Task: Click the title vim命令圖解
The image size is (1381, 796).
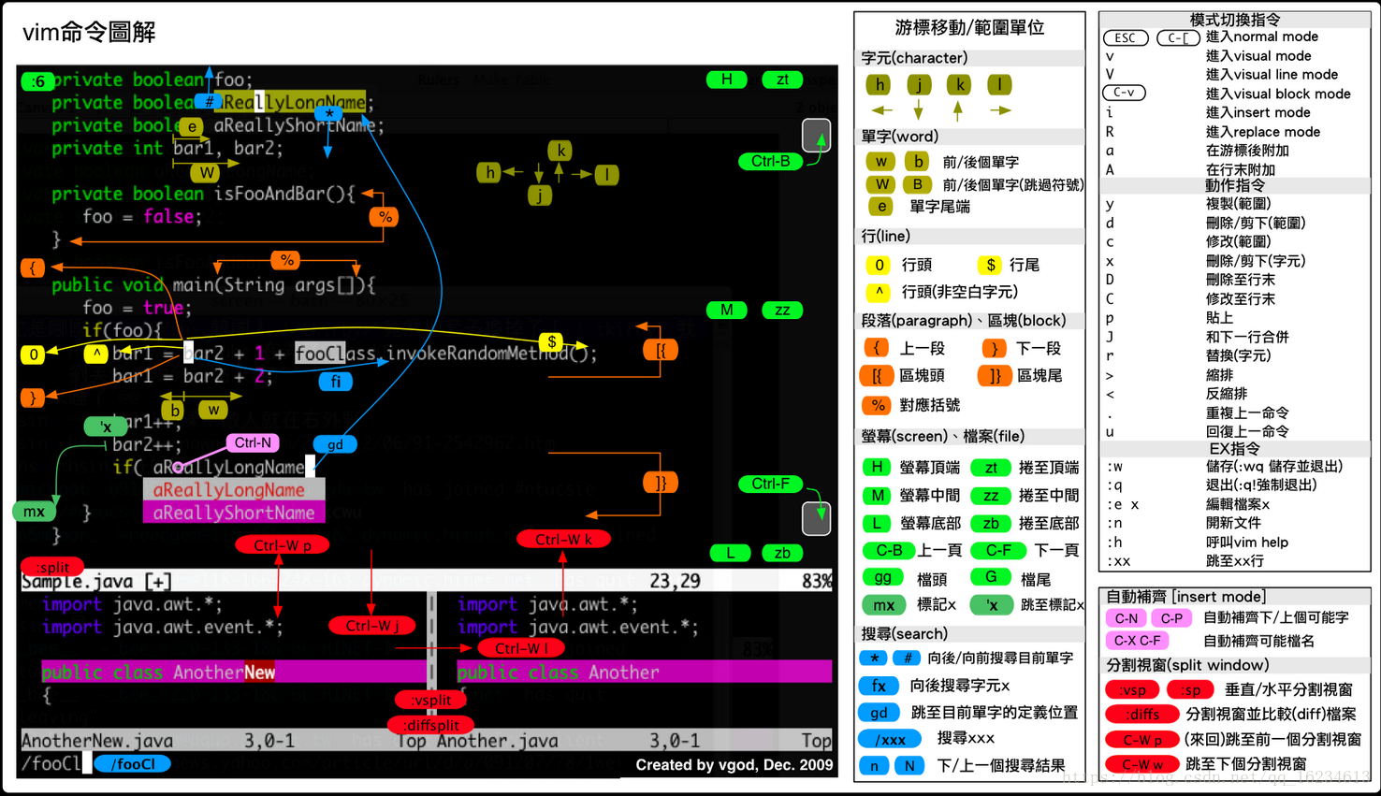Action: pyautogui.click(x=89, y=33)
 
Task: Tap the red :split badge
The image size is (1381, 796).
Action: pyautogui.click(x=52, y=567)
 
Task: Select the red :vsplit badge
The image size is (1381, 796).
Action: pyautogui.click(x=430, y=700)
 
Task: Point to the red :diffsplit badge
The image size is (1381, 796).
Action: pyautogui.click(x=430, y=725)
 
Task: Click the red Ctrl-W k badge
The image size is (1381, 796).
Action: pyautogui.click(x=563, y=539)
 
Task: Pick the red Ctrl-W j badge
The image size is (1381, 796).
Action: pyautogui.click(x=372, y=626)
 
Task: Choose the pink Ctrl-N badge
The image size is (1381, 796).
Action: pyautogui.click(x=253, y=443)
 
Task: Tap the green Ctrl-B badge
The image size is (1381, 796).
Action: pyautogui.click(x=770, y=161)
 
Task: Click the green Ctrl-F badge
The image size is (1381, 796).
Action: pyautogui.click(x=770, y=484)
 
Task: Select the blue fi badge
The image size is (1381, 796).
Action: pyautogui.click(x=335, y=382)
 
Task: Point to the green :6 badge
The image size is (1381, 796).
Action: pyautogui.click(x=37, y=81)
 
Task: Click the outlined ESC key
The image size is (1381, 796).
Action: pyautogui.click(x=1126, y=38)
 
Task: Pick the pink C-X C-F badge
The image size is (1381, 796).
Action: pyautogui.click(x=1137, y=641)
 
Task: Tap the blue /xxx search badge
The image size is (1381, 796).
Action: pyautogui.click(x=889, y=739)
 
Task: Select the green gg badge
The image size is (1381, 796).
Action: pyautogui.click(x=882, y=578)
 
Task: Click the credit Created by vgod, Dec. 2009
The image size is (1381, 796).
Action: pyautogui.click(x=734, y=765)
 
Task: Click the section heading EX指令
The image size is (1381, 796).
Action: pyautogui.click(x=1234, y=449)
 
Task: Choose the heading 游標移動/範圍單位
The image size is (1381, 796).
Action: pyautogui.click(x=969, y=28)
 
